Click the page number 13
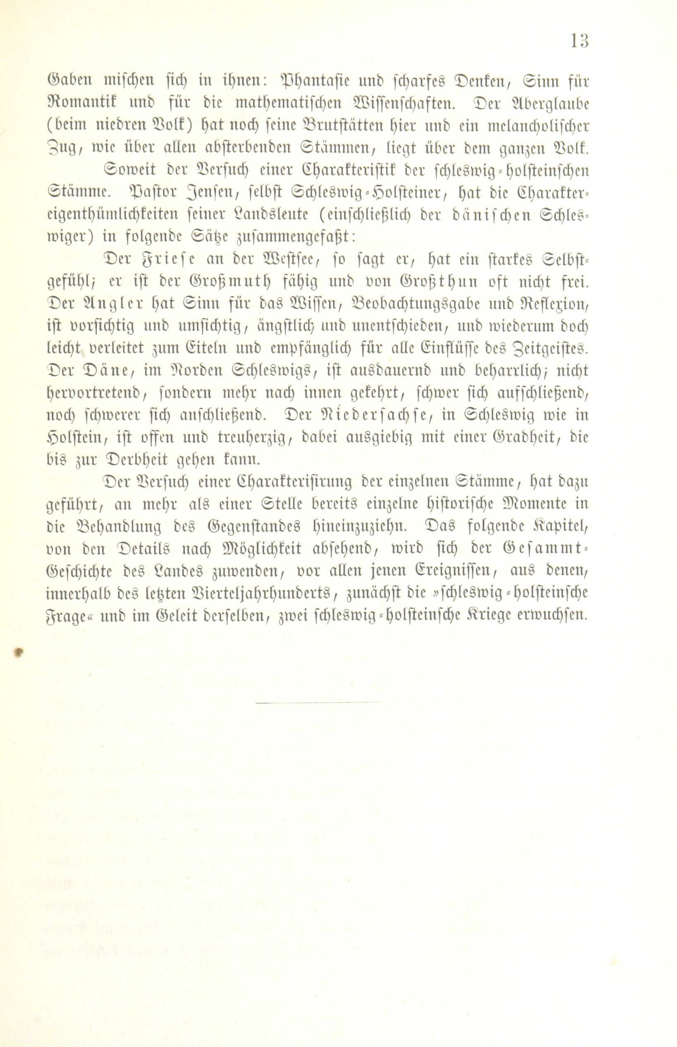[579, 41]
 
